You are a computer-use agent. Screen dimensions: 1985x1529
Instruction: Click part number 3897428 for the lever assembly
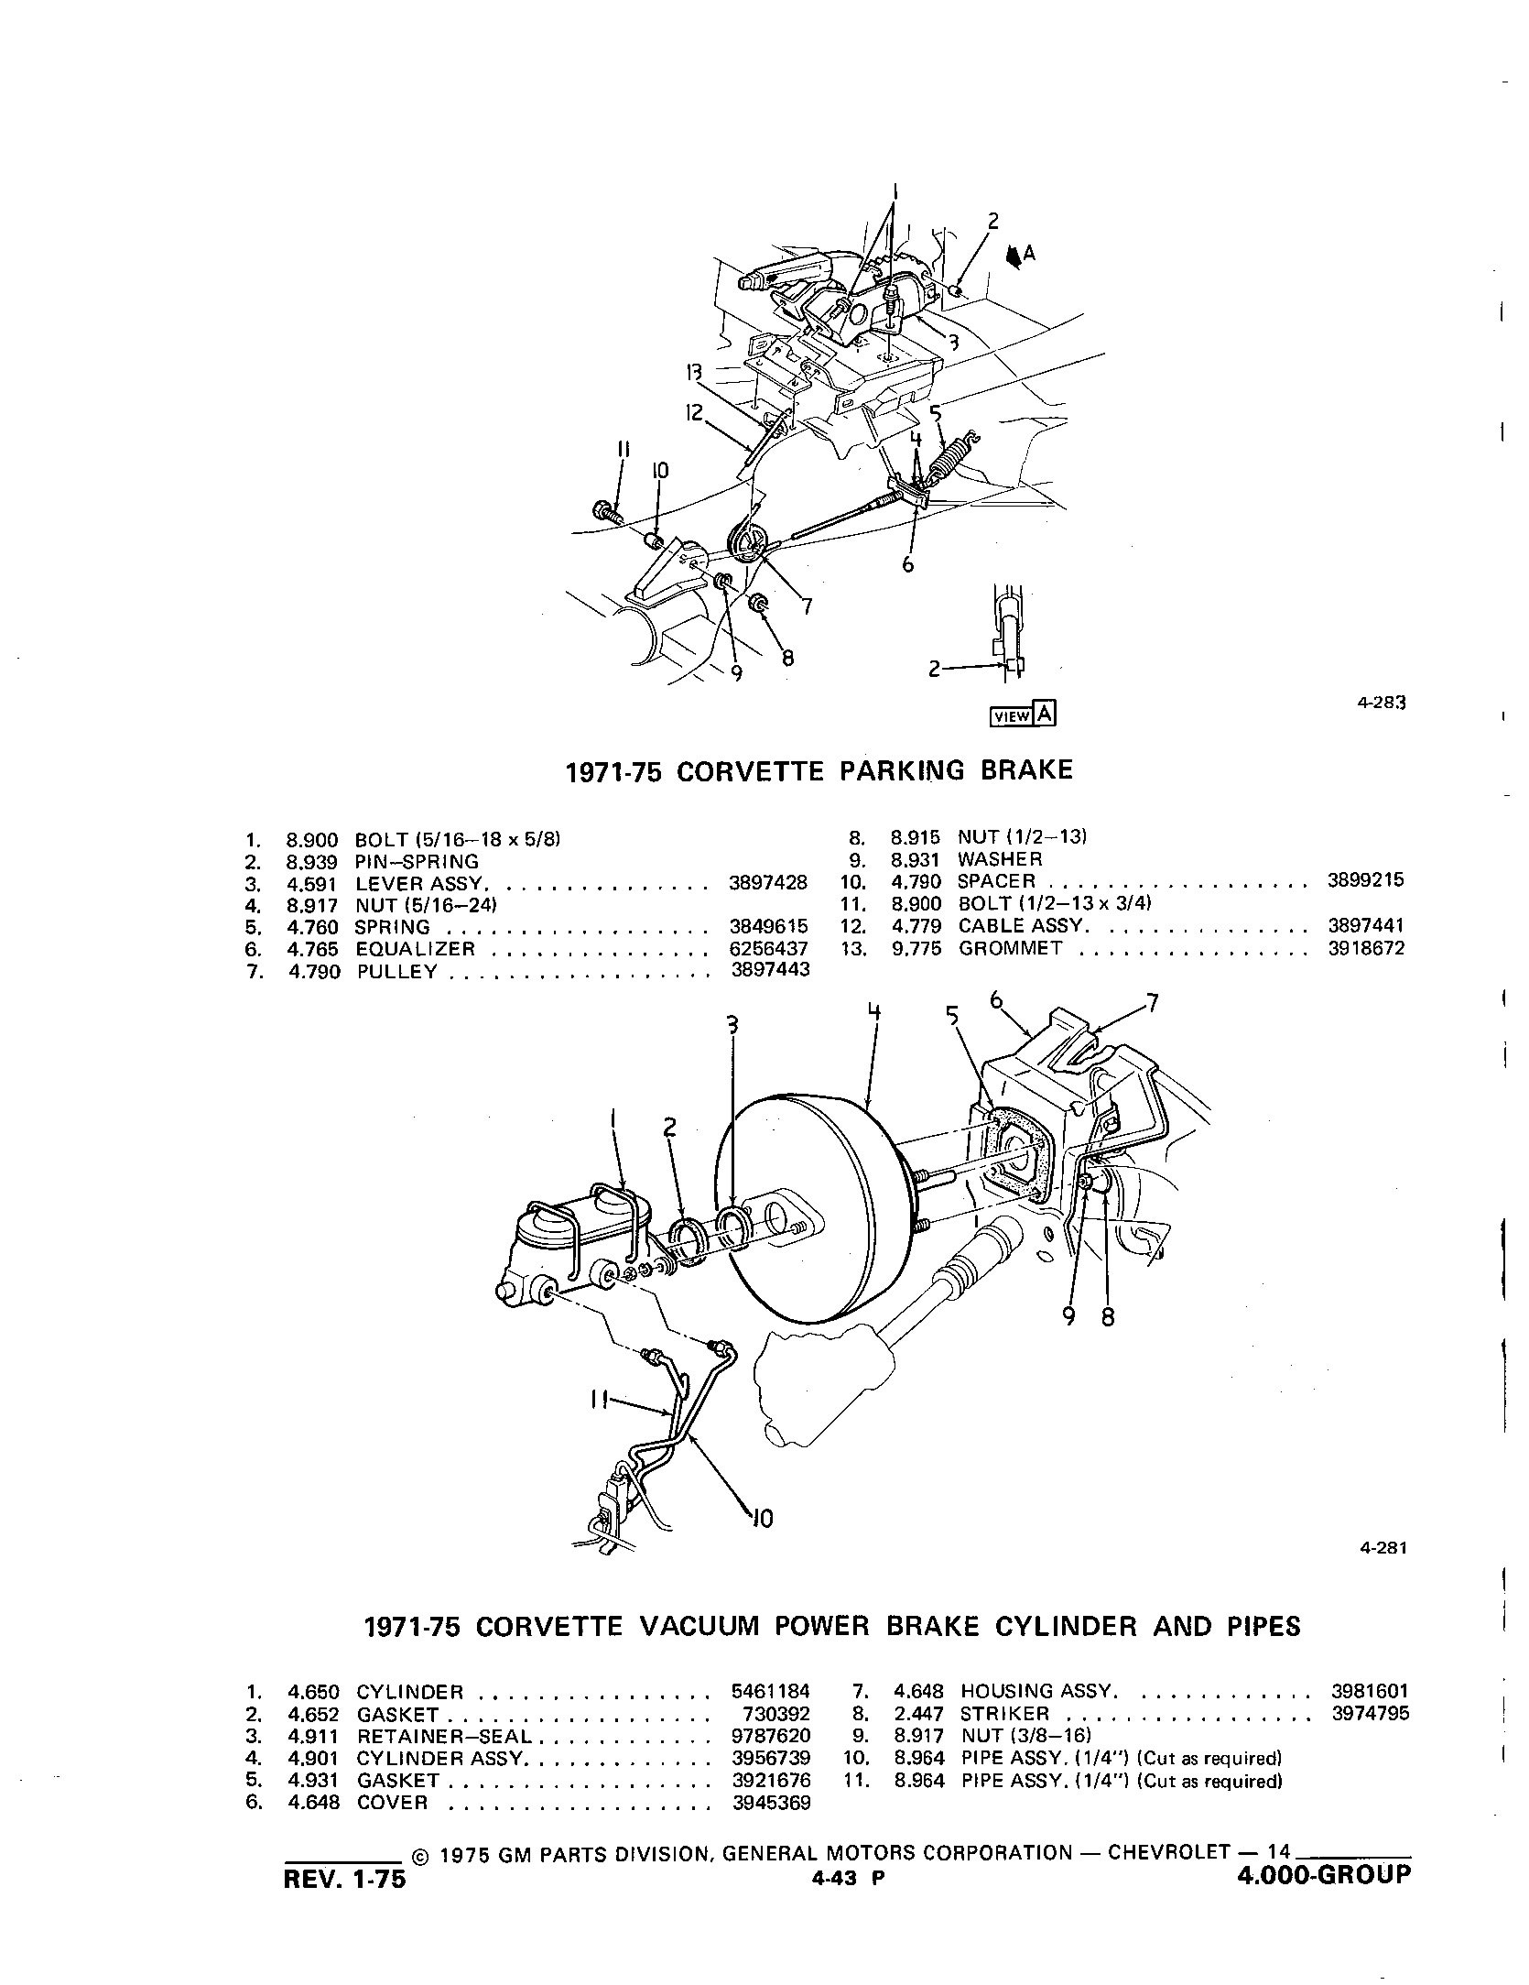[768, 883]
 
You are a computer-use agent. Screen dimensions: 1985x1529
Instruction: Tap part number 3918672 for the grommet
[1365, 949]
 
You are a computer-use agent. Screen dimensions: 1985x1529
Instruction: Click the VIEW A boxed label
[1023, 715]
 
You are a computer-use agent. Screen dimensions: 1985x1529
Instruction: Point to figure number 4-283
[1381, 703]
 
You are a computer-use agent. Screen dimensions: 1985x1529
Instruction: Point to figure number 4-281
[1383, 1548]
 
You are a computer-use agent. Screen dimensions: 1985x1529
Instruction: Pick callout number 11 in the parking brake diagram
[624, 449]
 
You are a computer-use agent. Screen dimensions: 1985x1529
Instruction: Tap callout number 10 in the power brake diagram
[762, 1519]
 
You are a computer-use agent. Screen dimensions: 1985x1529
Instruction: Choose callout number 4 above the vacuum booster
[874, 1012]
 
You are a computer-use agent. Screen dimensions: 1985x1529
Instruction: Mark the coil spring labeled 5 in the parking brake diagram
[955, 453]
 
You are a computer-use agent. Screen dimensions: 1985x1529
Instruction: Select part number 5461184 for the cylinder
[770, 1693]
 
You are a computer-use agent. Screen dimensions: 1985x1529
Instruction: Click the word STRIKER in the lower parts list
[1004, 1714]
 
